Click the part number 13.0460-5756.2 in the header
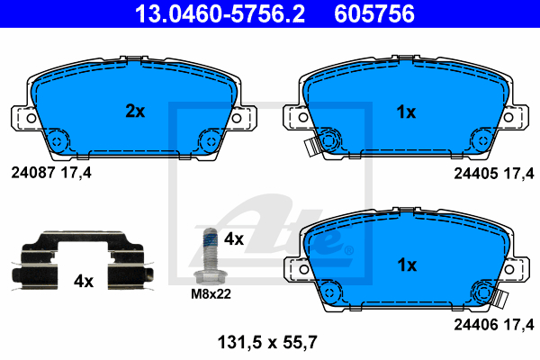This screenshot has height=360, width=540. (x=220, y=13)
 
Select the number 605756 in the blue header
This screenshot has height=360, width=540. (x=374, y=13)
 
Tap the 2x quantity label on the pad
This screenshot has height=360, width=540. (x=135, y=111)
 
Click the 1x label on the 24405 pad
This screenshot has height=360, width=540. (x=407, y=112)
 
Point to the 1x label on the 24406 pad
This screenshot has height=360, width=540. (x=407, y=265)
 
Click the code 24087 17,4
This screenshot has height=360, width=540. (x=51, y=173)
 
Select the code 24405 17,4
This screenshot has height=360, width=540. (x=494, y=174)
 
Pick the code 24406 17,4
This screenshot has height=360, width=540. (x=494, y=325)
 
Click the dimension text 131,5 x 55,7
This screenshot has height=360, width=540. (x=267, y=342)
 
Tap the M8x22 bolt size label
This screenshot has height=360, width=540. (x=211, y=294)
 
